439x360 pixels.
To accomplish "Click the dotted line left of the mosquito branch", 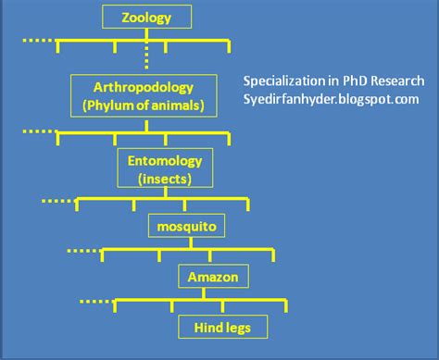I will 80,249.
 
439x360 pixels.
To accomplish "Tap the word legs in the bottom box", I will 237,328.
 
